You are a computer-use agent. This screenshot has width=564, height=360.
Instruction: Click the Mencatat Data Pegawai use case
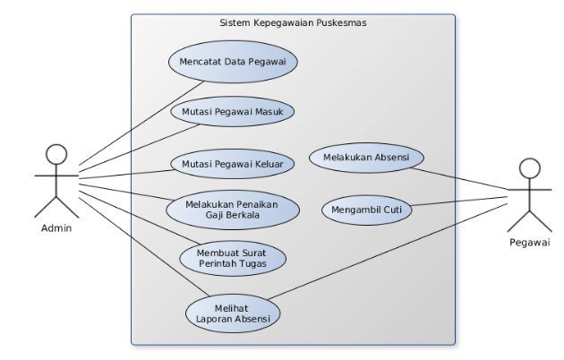coord(233,62)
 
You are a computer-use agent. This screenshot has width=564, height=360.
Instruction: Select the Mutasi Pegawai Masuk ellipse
coord(232,112)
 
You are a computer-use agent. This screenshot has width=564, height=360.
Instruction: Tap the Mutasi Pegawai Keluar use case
coord(232,164)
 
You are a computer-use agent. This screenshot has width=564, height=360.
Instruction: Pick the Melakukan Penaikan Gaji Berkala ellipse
coord(232,210)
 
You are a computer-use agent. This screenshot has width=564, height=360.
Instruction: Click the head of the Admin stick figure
coord(57,155)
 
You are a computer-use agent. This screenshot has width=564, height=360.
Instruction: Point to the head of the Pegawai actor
coord(530,169)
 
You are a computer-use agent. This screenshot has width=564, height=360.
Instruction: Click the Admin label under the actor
coord(56,227)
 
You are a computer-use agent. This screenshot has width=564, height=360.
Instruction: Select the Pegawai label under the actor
coord(530,242)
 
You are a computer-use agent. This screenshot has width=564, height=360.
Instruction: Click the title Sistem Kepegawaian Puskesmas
coord(292,23)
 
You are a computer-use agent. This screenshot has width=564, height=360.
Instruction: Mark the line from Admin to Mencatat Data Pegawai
coord(134,125)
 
